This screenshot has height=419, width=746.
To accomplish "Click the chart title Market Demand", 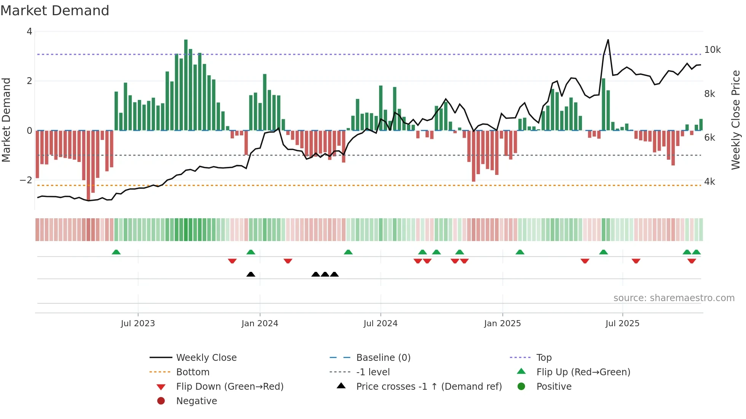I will (55, 11).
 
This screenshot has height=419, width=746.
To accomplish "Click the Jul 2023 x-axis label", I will (138, 324).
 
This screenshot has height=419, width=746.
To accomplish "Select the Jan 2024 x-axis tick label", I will (260, 324).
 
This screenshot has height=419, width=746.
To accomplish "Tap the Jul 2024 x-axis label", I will (380, 324).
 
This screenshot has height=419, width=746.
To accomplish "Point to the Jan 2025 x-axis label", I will (502, 324).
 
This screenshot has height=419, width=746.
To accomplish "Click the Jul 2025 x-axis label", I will (622, 324).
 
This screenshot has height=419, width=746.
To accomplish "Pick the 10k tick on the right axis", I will (713, 50).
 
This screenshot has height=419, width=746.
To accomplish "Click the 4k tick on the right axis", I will (709, 182).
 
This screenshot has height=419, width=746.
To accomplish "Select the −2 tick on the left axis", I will (26, 180).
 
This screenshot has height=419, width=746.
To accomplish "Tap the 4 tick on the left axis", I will (29, 32).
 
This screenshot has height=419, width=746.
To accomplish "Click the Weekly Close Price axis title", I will (736, 120).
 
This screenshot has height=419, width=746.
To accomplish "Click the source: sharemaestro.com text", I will (674, 298).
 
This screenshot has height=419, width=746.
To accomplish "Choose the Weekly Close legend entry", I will (206, 358).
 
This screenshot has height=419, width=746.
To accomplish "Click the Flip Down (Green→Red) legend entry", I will (230, 387).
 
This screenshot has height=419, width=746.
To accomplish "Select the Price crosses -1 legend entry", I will (429, 387).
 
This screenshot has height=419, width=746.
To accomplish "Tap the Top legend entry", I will (544, 358).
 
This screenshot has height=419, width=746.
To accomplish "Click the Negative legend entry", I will (196, 401).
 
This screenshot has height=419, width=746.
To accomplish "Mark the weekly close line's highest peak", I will (608, 40).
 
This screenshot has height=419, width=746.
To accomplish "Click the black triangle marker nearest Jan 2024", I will (251, 275).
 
